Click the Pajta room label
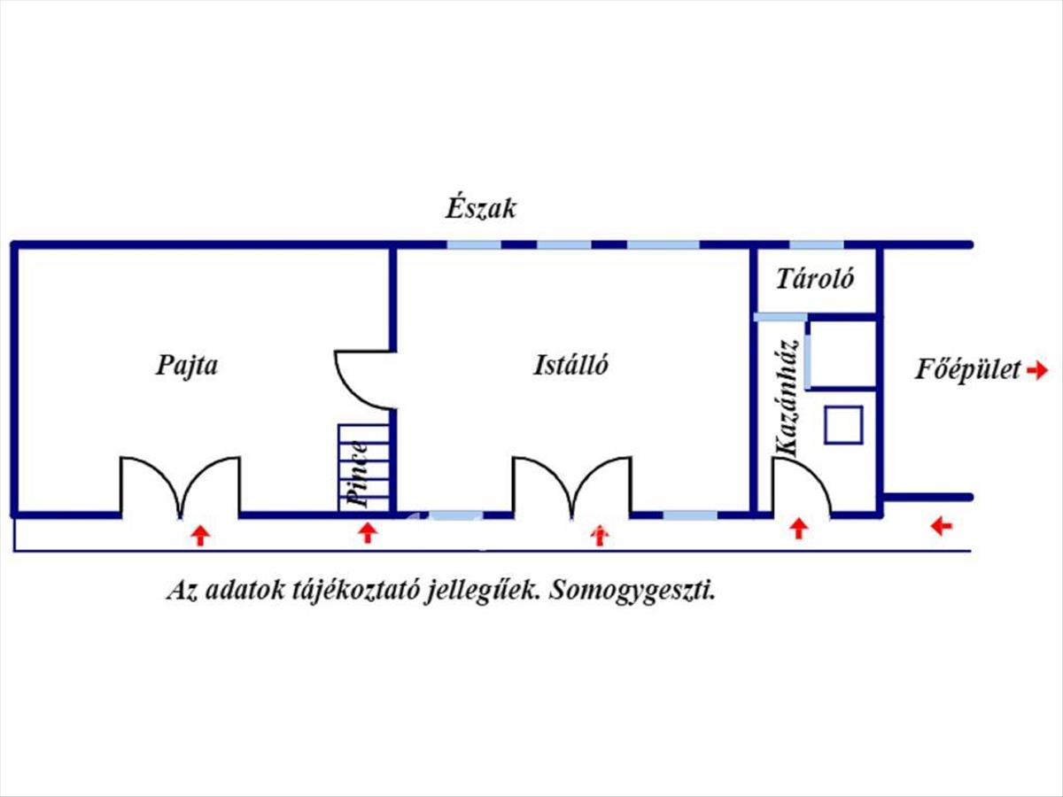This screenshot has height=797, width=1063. pyautogui.click(x=187, y=367)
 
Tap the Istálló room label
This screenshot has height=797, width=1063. pyautogui.click(x=570, y=365)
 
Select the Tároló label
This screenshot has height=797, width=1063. pyautogui.click(x=815, y=279)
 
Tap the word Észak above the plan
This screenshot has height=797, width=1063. pyautogui.click(x=480, y=209)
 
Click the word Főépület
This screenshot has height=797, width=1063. pyautogui.click(x=968, y=370)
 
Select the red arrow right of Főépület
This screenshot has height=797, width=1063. pyautogui.click(x=1037, y=371)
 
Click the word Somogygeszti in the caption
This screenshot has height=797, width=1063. pyautogui.click(x=632, y=591)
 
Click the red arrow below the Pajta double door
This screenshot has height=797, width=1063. pyautogui.click(x=200, y=536)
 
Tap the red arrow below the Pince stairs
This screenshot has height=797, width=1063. pyautogui.click(x=368, y=533)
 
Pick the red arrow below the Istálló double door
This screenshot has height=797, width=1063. pyautogui.click(x=600, y=535)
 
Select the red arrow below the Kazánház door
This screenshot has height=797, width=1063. pyautogui.click(x=799, y=529)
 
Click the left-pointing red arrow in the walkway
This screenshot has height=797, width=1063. pyautogui.click(x=942, y=525)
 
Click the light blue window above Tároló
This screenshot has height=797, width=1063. pyautogui.click(x=817, y=245)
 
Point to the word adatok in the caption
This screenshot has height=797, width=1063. pyautogui.click(x=244, y=591)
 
